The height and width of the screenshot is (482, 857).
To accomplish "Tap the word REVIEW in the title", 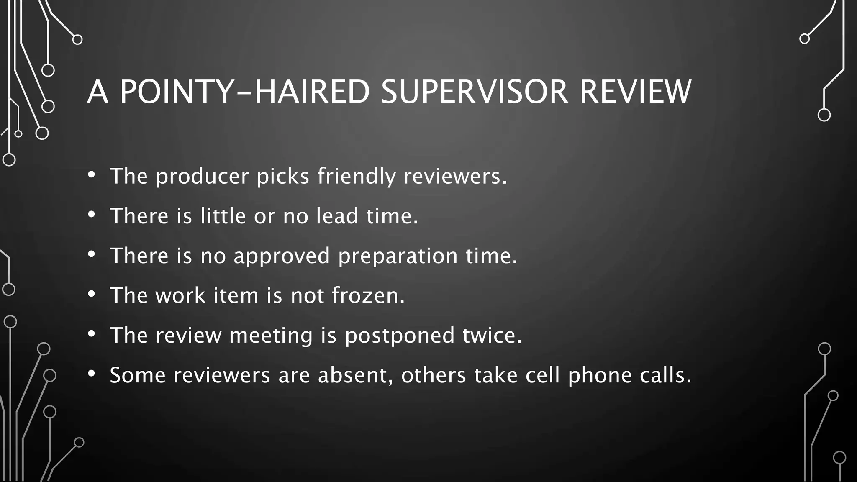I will pos(635,92).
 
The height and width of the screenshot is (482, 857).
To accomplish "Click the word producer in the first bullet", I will pos(203,177).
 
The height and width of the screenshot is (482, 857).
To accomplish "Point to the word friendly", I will pos(356,177).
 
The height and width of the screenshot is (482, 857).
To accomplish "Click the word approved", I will pos(282,256).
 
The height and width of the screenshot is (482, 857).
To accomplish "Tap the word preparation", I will pos(398,256).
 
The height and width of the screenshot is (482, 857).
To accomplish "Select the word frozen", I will pos(368,295).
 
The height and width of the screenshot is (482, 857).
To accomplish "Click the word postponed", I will pos(400,336).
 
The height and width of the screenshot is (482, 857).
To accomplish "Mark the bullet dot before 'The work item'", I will pos(92,294).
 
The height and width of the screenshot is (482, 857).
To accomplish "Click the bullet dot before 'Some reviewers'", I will pos(92,373).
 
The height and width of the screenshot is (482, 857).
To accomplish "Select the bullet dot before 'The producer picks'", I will pos(92,174).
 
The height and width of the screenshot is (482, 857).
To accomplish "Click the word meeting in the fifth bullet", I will pos(271,336).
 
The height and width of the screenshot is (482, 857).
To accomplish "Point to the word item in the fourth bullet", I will pos(236,295).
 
